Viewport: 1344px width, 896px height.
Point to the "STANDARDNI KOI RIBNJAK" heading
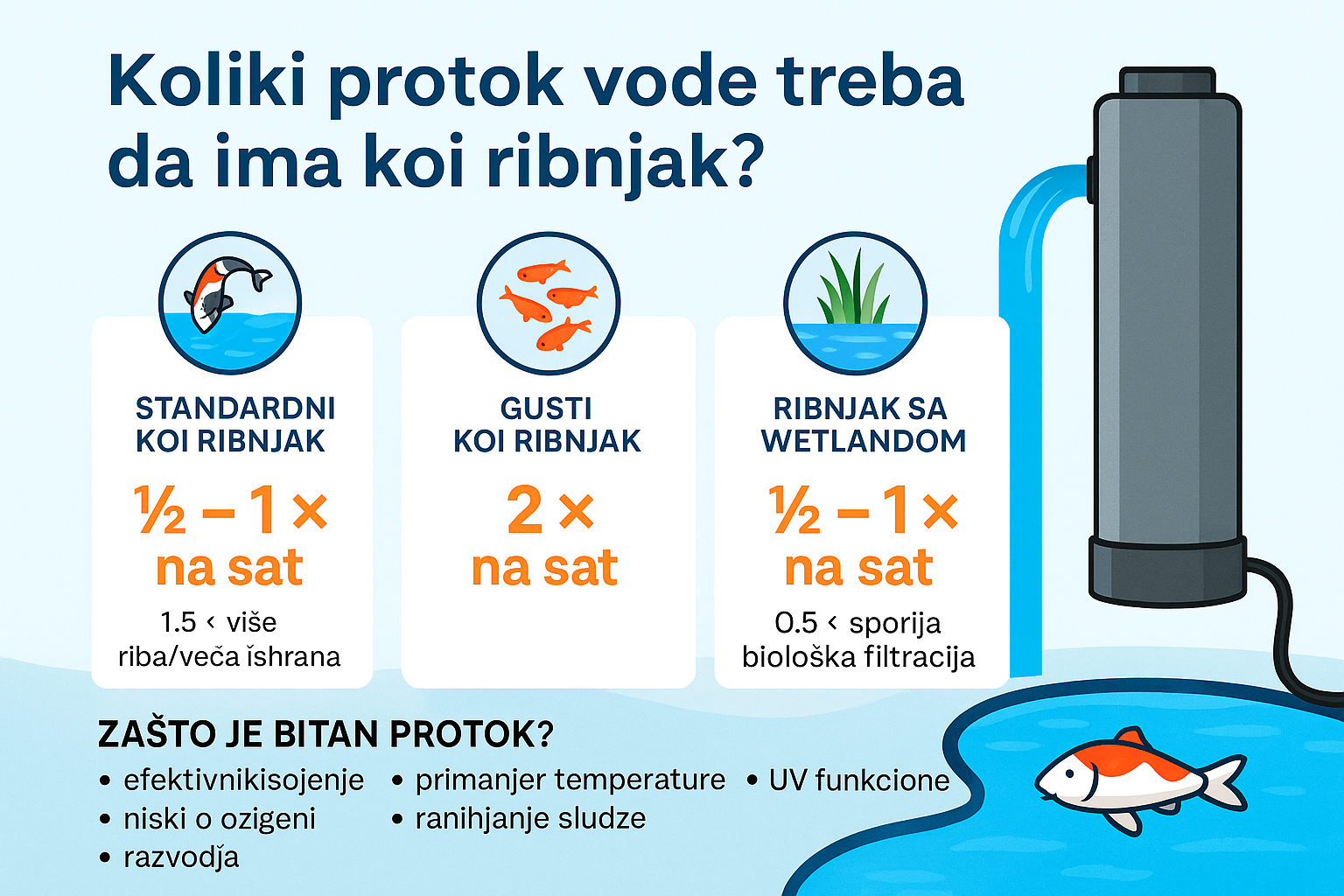[234, 425]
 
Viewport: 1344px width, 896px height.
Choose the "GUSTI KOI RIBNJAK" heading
[547, 425]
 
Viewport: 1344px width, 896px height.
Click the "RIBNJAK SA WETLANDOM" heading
[863, 425]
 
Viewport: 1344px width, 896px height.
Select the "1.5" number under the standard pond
[178, 622]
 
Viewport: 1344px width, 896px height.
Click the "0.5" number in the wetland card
[795, 622]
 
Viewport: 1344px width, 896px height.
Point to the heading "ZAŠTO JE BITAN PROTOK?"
[325, 734]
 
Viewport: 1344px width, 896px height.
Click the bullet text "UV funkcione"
[859, 780]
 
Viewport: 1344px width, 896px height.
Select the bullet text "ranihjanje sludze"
[530, 819]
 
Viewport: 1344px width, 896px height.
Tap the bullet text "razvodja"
[181, 857]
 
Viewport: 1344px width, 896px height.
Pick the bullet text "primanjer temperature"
[570, 780]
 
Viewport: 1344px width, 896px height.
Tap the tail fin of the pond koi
[1225, 784]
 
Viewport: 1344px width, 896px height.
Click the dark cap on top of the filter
[1167, 81]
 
